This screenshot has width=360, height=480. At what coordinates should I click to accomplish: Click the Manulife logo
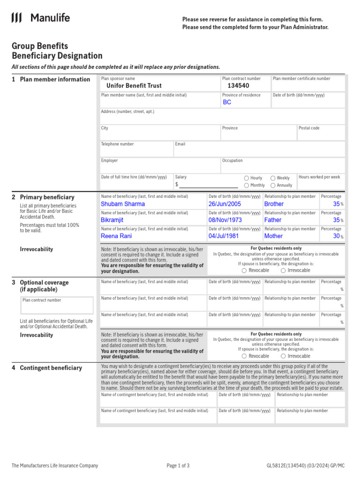(40, 18)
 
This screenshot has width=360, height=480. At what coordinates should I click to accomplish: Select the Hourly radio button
(247, 178)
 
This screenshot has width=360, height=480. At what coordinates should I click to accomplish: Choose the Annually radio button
(273, 185)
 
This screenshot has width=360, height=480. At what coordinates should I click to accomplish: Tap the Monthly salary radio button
(247, 185)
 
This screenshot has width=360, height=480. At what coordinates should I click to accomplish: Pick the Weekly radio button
(273, 178)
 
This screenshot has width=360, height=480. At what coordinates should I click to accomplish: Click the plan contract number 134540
(238, 86)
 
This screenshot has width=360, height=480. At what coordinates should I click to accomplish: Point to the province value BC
(227, 102)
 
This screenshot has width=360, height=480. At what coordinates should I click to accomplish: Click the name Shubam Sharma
(123, 204)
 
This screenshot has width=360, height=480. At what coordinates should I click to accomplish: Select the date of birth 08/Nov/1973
(225, 220)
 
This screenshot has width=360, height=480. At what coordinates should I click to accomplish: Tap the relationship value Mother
(273, 236)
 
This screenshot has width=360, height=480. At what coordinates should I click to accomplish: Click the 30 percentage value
(336, 236)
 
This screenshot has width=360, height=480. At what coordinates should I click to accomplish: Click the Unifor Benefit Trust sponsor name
(134, 86)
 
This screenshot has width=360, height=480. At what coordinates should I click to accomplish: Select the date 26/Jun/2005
(225, 204)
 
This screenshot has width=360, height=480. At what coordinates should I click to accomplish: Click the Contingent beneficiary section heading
(51, 368)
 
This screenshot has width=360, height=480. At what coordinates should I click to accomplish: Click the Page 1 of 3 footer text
(178, 465)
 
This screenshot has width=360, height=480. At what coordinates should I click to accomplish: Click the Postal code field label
(309, 128)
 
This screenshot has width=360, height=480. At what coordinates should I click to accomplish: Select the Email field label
(180, 144)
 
